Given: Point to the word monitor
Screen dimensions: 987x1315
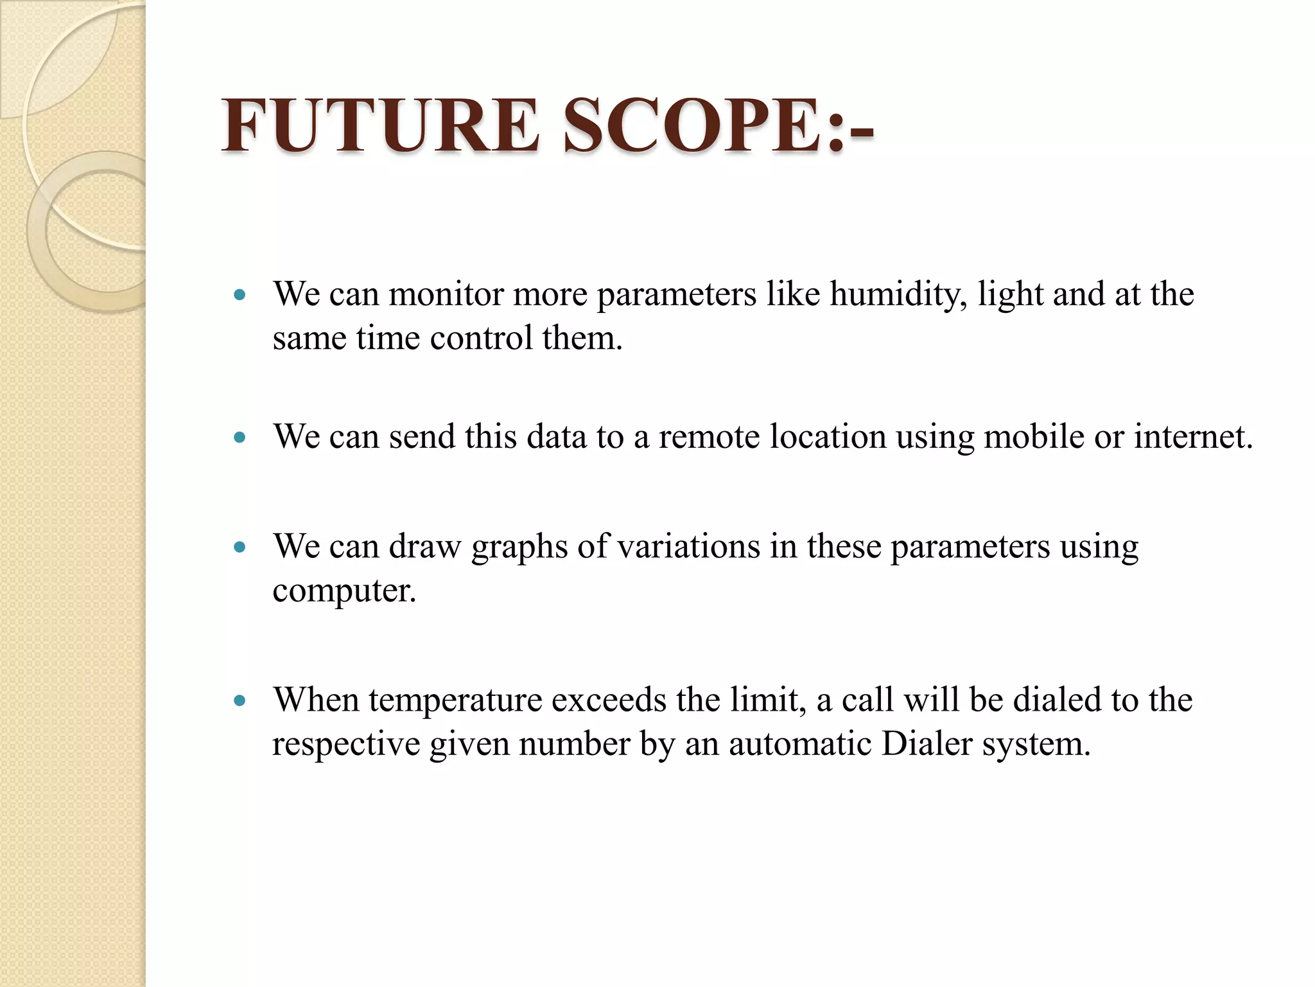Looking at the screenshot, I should [446, 294].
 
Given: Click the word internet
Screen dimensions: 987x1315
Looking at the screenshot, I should [1193, 437].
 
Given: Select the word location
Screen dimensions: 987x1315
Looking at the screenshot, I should [828, 437].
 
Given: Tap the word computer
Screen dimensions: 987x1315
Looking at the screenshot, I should [344, 591].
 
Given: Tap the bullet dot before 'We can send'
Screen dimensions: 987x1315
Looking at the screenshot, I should [240, 438].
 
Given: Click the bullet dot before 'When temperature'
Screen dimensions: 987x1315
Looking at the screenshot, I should [240, 700].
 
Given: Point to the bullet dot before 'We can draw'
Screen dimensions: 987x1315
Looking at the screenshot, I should [240, 547].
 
